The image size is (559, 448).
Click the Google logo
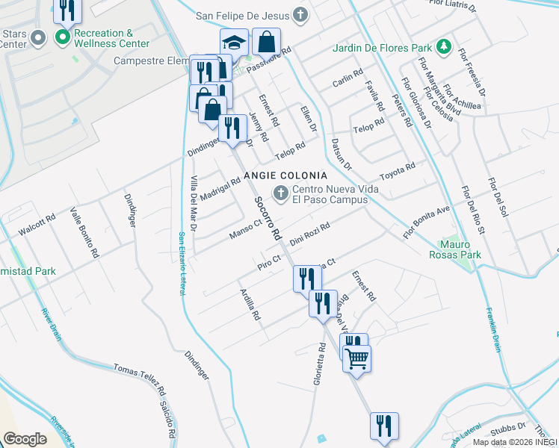point(25,439)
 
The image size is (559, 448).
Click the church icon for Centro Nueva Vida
point(281,194)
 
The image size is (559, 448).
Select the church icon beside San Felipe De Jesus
point(300,14)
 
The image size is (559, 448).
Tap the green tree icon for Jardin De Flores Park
point(445,47)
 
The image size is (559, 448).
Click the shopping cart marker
point(357,358)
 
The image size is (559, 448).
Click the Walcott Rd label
point(37,225)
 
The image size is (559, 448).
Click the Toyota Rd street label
point(397,171)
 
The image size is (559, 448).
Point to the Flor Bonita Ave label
point(427,222)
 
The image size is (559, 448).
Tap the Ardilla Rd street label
point(250,304)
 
